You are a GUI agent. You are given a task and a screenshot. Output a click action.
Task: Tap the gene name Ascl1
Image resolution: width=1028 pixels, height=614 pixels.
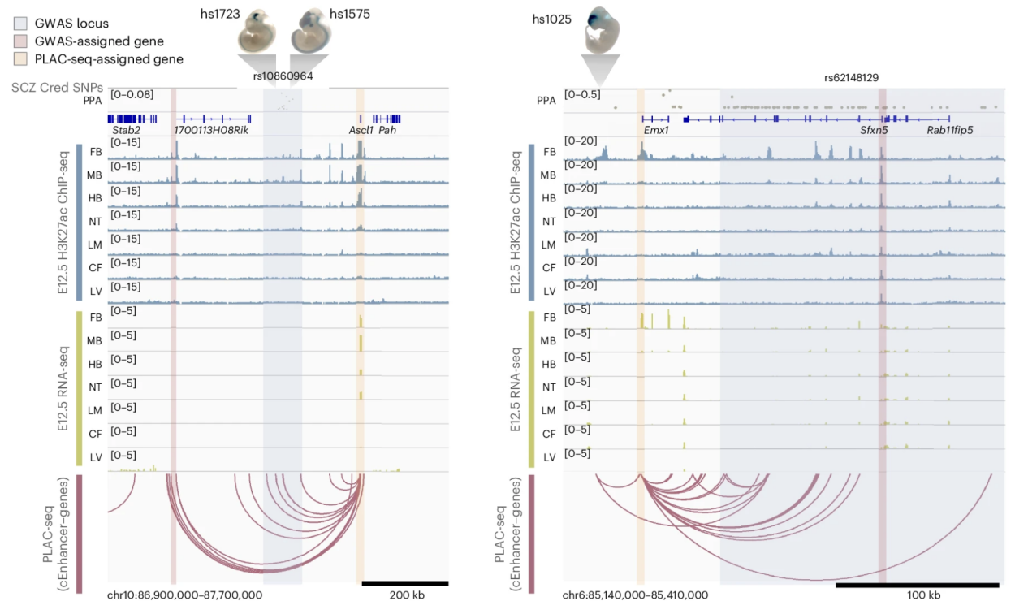(x=361, y=129)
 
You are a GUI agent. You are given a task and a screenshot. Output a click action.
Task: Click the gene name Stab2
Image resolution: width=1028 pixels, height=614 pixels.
(x=126, y=129)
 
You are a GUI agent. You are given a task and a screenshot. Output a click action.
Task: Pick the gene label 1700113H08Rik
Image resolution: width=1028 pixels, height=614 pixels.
(x=211, y=129)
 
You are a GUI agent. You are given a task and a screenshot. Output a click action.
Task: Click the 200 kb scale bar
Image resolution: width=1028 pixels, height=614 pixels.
(x=404, y=582)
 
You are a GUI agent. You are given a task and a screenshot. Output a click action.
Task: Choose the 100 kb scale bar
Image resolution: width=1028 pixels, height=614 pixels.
(x=917, y=584)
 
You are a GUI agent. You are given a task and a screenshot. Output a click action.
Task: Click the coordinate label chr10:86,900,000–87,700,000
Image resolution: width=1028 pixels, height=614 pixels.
(x=184, y=595)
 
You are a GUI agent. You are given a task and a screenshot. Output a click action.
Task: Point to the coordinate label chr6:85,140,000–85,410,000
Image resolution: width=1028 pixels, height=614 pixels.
(x=635, y=595)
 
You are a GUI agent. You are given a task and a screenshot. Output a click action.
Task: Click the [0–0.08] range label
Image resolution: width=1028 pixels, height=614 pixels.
(x=132, y=94)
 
